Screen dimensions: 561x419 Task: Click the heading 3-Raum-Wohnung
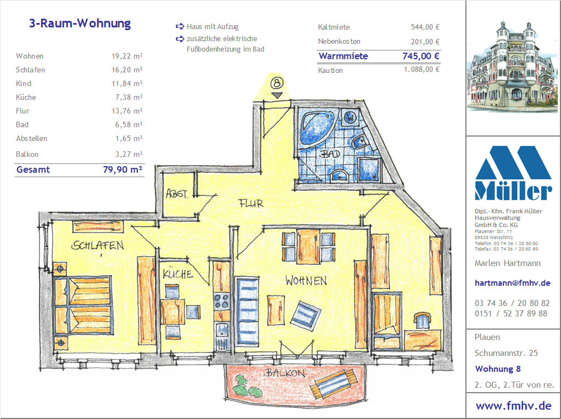point(80,23)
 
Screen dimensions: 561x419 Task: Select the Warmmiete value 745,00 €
point(421,56)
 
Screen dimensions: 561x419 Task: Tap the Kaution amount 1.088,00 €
point(422,69)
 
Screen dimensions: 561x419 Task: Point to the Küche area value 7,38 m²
point(127,97)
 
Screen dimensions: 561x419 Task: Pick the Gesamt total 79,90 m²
point(123,169)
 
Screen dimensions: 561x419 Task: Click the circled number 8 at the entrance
point(276,83)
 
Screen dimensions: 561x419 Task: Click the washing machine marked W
point(350,117)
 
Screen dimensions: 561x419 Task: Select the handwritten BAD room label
point(330,154)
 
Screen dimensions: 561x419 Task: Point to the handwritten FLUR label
point(251,203)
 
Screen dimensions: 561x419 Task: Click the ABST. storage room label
point(177,194)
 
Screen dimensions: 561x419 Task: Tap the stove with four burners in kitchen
point(221,302)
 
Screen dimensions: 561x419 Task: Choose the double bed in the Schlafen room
point(83,305)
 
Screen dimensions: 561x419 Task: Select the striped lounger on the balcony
point(335,384)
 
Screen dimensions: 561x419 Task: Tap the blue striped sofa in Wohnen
point(247,312)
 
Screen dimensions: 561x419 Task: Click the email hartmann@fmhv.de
point(512,283)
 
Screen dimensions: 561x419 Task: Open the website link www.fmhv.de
point(513,406)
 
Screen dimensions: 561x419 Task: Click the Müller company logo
point(513,173)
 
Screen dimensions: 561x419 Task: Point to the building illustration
point(512,66)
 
